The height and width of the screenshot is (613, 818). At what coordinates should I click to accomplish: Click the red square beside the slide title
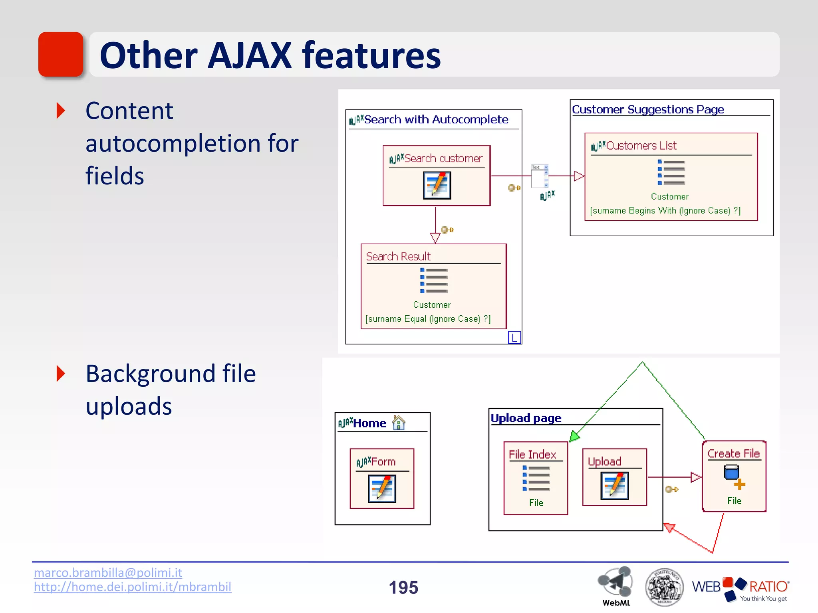click(x=61, y=54)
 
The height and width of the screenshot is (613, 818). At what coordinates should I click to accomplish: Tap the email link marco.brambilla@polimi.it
click(x=108, y=573)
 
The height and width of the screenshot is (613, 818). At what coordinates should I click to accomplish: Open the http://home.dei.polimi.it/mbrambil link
click(x=132, y=587)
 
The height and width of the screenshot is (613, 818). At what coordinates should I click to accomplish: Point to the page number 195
click(x=403, y=587)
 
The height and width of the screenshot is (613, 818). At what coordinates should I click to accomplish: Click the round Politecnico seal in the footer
click(x=664, y=587)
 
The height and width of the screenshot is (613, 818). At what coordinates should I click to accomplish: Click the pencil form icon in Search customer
click(x=437, y=186)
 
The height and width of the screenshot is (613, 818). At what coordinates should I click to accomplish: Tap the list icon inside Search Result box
click(x=434, y=280)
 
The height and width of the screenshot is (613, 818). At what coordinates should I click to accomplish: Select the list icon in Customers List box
click(x=671, y=172)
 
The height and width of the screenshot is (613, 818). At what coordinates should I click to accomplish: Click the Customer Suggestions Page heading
click(x=648, y=109)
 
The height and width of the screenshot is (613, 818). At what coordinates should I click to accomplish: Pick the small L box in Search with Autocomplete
click(x=514, y=338)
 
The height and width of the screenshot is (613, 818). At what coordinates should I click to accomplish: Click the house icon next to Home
click(x=399, y=423)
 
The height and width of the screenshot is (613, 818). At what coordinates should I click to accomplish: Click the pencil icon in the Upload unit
click(x=614, y=485)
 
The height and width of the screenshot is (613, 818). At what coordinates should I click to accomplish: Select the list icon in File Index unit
click(x=536, y=478)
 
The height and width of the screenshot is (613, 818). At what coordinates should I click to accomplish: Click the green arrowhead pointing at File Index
click(x=574, y=436)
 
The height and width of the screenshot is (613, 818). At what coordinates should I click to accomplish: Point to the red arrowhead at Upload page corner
click(x=669, y=528)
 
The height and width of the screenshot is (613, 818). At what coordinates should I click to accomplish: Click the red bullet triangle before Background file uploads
click(x=61, y=374)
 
